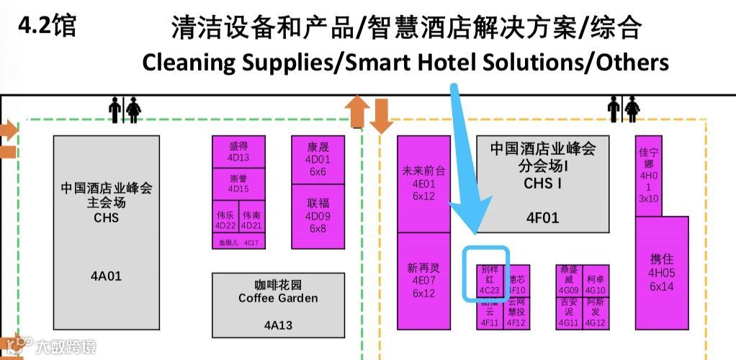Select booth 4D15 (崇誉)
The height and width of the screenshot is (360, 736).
(x=238, y=184)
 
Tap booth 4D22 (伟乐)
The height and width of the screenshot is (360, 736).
(x=225, y=219)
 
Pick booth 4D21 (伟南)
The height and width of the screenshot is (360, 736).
(x=252, y=219)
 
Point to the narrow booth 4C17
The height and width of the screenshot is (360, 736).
(x=238, y=243)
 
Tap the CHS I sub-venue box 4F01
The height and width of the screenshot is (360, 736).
(x=542, y=184)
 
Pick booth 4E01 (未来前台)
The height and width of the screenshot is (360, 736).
(x=424, y=184)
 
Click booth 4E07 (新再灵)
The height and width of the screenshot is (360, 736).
(x=424, y=281)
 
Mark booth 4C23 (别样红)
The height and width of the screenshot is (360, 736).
(x=489, y=281)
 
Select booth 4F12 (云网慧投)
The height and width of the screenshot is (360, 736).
(x=517, y=313)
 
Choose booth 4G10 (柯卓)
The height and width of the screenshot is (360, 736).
(x=596, y=281)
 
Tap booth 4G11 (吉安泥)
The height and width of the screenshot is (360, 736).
(x=568, y=313)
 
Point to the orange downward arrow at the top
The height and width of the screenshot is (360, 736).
(x=382, y=115)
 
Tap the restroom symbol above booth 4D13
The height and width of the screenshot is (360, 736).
(x=124, y=110)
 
